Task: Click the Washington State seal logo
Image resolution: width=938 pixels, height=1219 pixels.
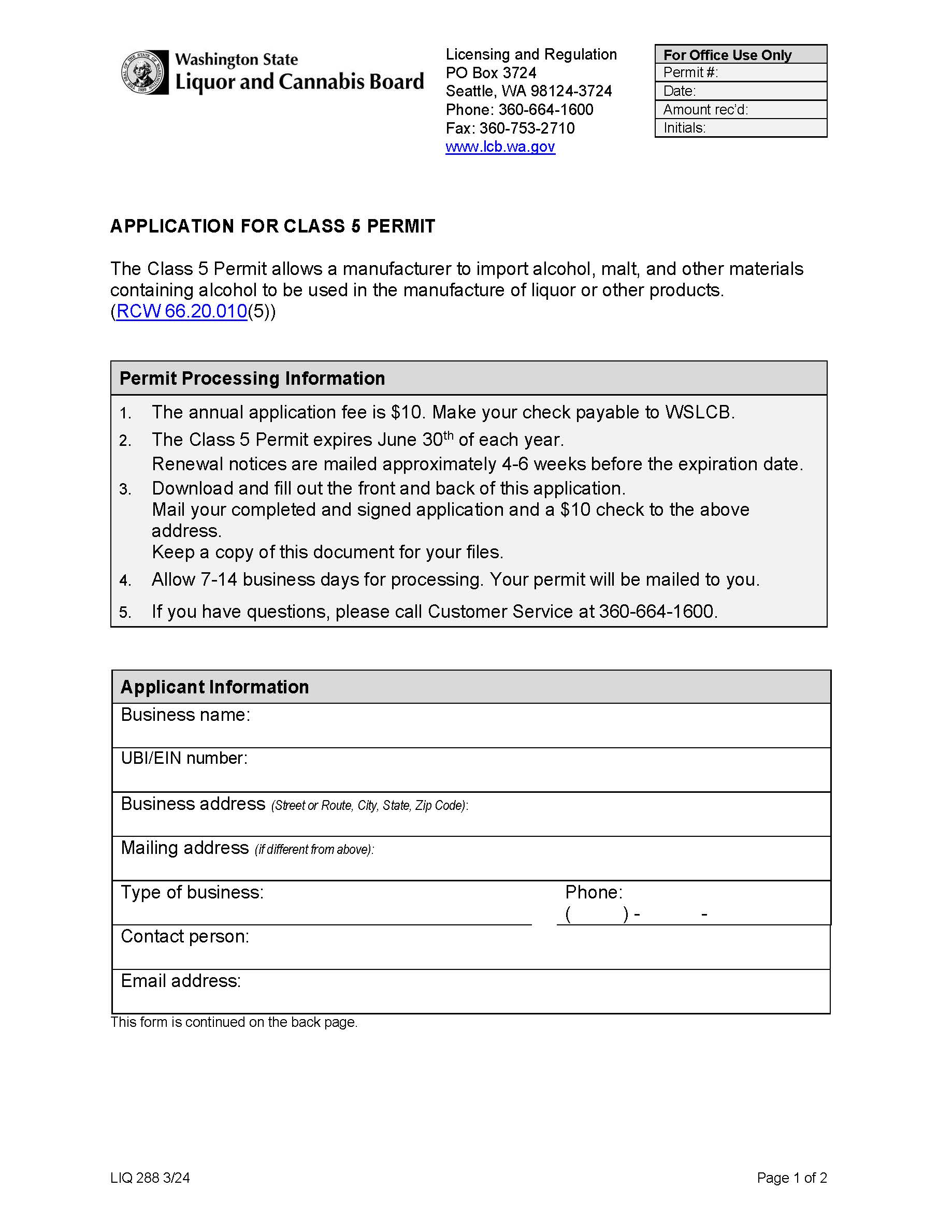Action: pos(144,72)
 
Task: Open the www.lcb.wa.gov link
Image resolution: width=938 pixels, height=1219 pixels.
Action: pos(500,147)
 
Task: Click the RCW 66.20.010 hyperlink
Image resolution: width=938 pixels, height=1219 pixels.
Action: pos(181,311)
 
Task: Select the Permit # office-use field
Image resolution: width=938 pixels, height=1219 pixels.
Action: pos(740,72)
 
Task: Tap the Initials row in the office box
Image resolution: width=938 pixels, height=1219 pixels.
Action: pos(740,128)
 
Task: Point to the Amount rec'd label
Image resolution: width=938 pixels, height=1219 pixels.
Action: pos(705,109)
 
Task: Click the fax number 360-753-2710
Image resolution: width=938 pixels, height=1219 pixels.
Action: pos(527,128)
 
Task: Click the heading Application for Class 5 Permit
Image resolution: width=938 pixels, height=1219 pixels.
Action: pos(272,226)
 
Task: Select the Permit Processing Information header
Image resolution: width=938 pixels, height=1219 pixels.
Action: pos(252,379)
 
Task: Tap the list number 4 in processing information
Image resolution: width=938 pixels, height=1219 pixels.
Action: pos(125,581)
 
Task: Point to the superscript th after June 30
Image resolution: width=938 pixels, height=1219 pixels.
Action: pos(449,435)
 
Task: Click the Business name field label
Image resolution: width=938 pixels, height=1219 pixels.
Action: pos(185,715)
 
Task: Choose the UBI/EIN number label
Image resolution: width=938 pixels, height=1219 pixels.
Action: pos(184,759)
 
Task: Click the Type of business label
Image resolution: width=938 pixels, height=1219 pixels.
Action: pos(192,892)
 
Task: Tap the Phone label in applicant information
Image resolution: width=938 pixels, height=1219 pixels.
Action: pos(594,892)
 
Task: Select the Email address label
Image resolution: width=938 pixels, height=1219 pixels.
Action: pos(181,981)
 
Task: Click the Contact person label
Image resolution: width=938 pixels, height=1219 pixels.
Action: pos(185,937)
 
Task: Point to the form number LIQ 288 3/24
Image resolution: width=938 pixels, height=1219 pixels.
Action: pos(150,1178)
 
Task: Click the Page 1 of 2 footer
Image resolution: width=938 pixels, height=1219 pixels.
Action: pos(791,1178)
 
